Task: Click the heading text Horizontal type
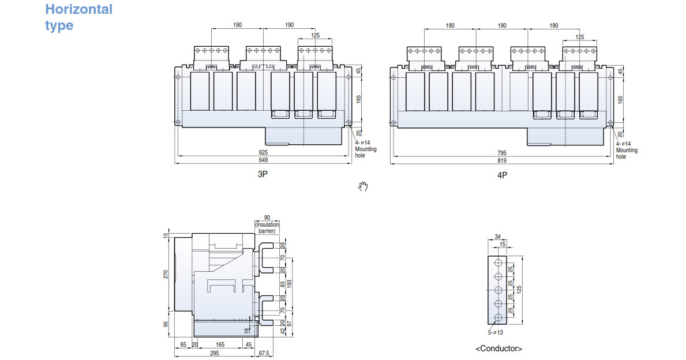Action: pyautogui.click(x=78, y=17)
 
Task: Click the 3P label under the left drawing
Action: pyautogui.click(x=263, y=174)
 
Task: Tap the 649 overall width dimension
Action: pyautogui.click(x=263, y=160)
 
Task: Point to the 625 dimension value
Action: pyautogui.click(x=263, y=152)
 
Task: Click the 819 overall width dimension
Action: pyautogui.click(x=502, y=160)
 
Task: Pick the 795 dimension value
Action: pyautogui.click(x=502, y=152)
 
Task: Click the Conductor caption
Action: pyautogui.click(x=499, y=348)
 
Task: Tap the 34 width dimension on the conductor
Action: pyautogui.click(x=498, y=237)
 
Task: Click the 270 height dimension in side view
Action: pyautogui.click(x=166, y=275)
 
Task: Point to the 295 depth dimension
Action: pyautogui.click(x=214, y=352)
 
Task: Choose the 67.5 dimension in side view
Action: pyautogui.click(x=264, y=352)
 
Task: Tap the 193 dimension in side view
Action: pyautogui.click(x=290, y=284)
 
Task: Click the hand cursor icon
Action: pyautogui.click(x=363, y=186)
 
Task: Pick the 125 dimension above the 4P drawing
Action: pyautogui.click(x=580, y=36)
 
